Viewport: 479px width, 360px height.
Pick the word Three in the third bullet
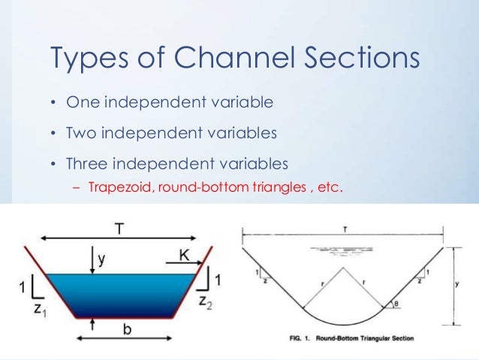(89, 163)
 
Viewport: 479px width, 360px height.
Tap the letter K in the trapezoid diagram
(183, 257)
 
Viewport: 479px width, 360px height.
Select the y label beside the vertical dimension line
(465, 285)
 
